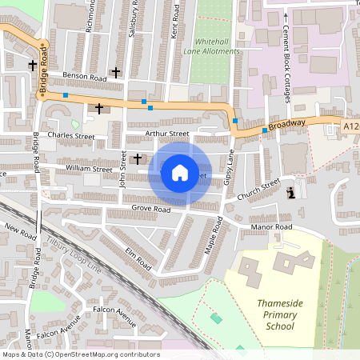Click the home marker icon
tap(180, 172)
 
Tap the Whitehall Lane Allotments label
tap(216, 46)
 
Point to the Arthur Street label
tap(167, 134)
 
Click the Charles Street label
tap(70, 137)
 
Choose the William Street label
tap(89, 169)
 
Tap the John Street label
tap(123, 169)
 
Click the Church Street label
tap(258, 189)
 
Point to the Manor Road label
tap(272, 227)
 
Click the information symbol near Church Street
tap(290, 192)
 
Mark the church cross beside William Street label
tap(138, 158)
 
